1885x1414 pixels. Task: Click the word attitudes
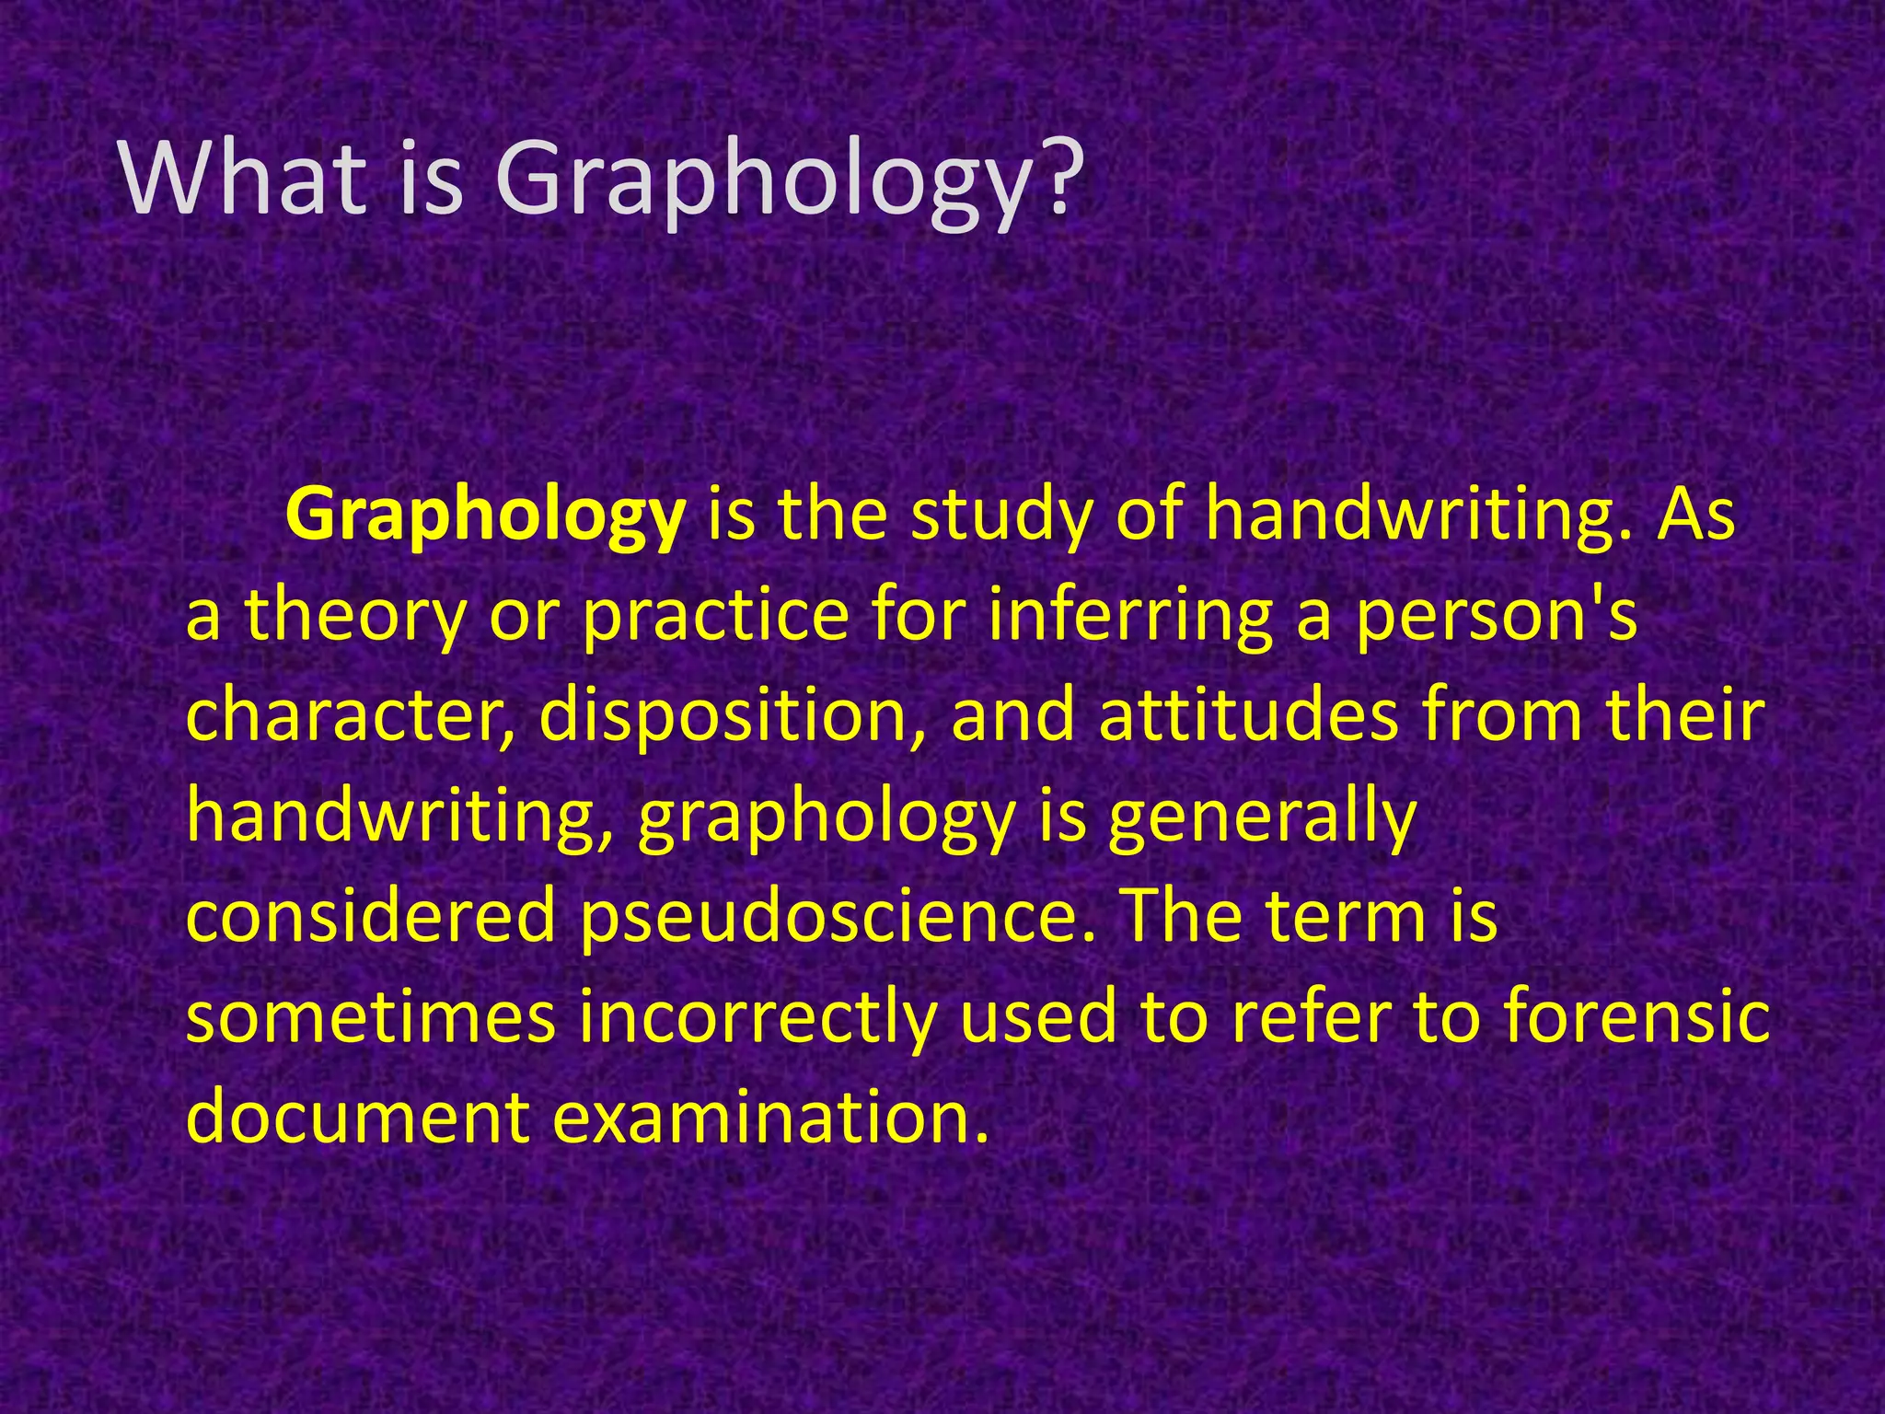click(1248, 716)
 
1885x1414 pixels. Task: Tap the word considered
click(372, 917)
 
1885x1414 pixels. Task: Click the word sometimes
click(372, 1018)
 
